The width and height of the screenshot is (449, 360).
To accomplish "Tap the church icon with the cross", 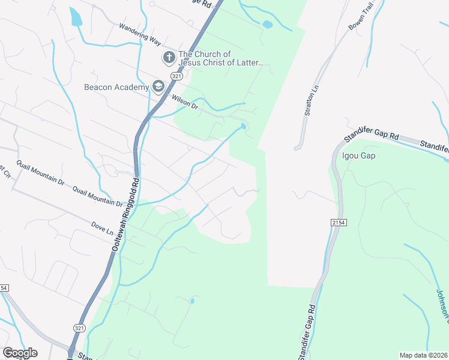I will pos(169,58).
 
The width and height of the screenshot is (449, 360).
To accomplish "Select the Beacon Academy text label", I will pos(116,88).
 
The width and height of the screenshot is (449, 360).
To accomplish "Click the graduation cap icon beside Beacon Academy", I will pos(158,86).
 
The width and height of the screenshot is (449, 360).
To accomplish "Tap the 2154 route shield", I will pos(339,223).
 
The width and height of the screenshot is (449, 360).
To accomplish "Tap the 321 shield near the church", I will pos(176,77).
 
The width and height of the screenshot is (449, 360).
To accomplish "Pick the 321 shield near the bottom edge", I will pos(80,328).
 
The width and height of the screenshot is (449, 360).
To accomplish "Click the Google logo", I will pos(20,353).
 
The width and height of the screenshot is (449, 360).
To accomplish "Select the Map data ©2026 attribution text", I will pos(423,355).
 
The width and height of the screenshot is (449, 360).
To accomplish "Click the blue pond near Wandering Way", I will pos(76,17).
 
